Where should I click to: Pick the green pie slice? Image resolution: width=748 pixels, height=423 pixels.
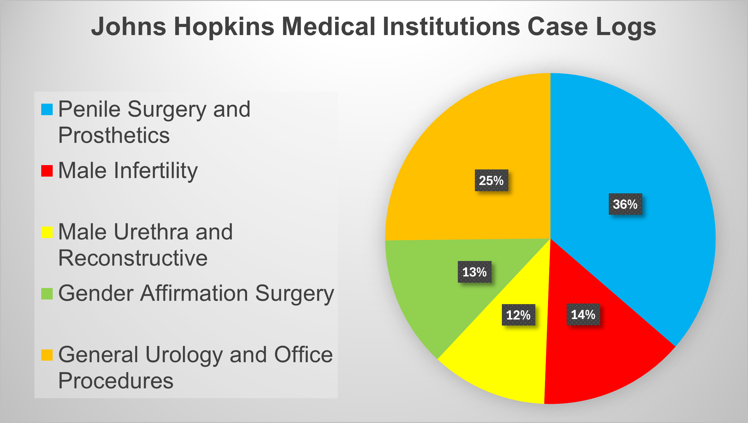(434, 295)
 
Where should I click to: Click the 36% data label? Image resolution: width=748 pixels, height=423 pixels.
(625, 204)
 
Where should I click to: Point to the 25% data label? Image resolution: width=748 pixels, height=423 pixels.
(491, 180)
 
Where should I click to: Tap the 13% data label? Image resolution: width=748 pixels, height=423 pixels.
(475, 272)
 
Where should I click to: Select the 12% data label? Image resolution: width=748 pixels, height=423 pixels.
(518, 315)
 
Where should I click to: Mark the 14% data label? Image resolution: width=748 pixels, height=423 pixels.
(583, 314)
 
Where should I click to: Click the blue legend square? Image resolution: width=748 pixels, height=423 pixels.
(47, 109)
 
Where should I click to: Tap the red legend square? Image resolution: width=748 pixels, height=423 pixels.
(47, 171)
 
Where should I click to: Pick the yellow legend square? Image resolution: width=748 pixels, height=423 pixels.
(47, 232)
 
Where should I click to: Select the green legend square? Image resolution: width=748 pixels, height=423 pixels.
(47, 294)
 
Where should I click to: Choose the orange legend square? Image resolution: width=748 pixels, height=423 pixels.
(47, 355)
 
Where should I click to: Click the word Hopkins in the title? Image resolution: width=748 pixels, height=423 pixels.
(224, 27)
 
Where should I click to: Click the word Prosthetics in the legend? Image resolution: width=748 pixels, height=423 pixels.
(114, 135)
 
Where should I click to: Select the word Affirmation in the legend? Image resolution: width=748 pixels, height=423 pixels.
(194, 293)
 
